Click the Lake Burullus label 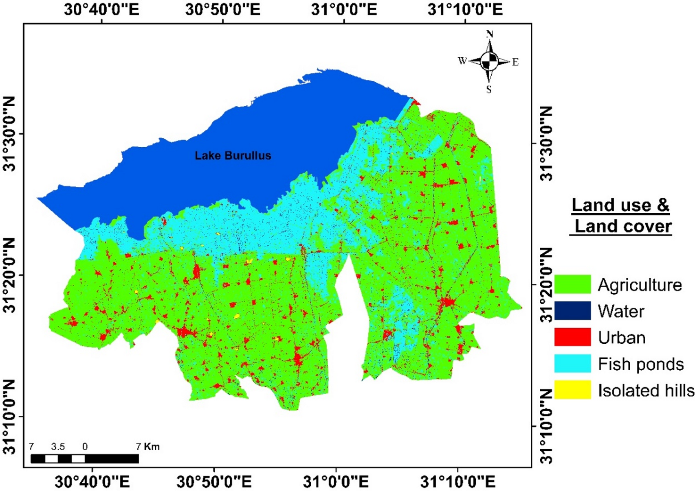tap(233, 156)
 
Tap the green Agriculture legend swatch tap(572, 284)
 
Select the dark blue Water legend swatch tap(572, 311)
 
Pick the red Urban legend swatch tap(572, 337)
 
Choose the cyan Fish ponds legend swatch tap(572, 364)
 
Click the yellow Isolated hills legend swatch tap(572, 390)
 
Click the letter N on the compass tap(490, 34)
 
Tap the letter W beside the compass tap(462, 61)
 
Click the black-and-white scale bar tap(85, 459)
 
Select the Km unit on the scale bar tap(152, 447)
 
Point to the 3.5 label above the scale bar tap(58, 447)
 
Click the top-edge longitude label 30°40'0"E tap(101, 10)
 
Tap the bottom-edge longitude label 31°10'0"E tap(457, 482)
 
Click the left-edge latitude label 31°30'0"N tap(10, 134)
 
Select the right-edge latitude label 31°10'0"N tap(547, 426)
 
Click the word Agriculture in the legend tap(640, 285)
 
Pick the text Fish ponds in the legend tap(641, 364)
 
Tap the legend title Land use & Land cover tap(621, 216)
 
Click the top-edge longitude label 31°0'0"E tap(344, 10)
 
